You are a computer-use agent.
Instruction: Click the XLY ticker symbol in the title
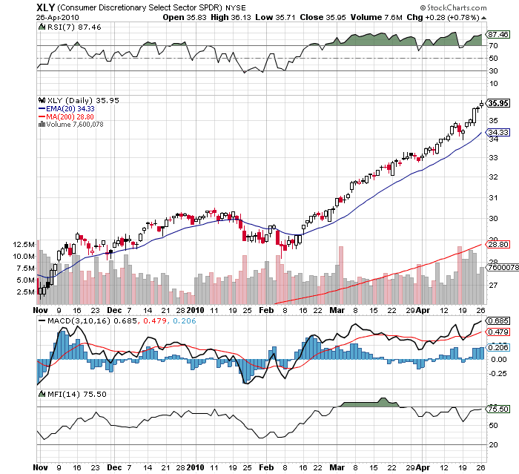(47, 7)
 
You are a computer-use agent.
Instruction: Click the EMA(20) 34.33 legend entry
(71, 109)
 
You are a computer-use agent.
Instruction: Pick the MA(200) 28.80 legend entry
(71, 116)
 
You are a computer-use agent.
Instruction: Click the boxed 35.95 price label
(497, 104)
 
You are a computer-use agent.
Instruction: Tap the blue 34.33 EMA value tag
(496, 132)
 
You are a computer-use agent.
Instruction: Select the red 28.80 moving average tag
(496, 243)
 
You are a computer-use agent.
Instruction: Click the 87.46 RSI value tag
(496, 34)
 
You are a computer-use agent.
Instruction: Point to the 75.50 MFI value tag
(496, 408)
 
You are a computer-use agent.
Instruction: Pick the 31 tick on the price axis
(492, 197)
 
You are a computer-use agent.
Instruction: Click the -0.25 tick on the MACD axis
(496, 373)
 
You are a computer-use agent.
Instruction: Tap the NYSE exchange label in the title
(236, 7)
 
